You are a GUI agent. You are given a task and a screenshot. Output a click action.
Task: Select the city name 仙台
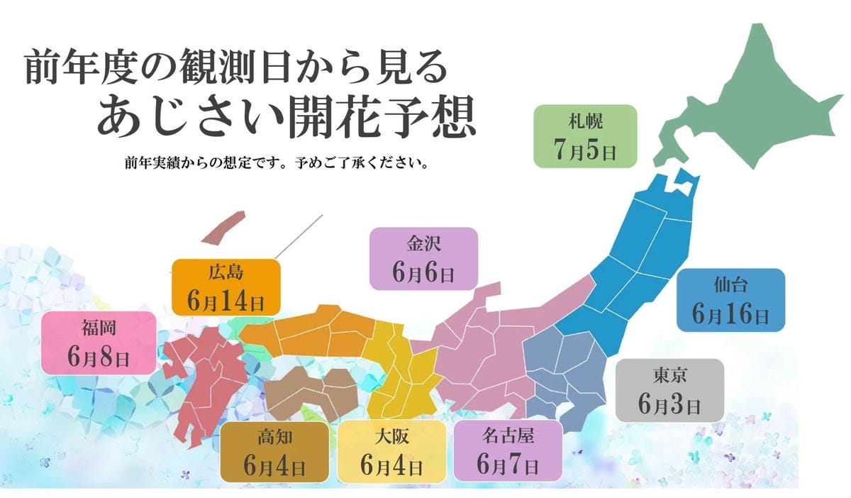click(730, 286)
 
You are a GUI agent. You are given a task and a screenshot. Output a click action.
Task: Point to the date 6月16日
click(730, 314)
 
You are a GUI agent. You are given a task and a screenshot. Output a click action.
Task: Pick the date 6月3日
click(669, 404)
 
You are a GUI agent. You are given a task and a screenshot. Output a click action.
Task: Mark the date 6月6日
click(424, 273)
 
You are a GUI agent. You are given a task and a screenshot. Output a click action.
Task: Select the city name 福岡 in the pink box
click(99, 328)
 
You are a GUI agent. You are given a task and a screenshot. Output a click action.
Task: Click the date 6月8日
click(99, 357)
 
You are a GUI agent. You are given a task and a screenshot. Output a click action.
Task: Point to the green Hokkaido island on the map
click(752, 99)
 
